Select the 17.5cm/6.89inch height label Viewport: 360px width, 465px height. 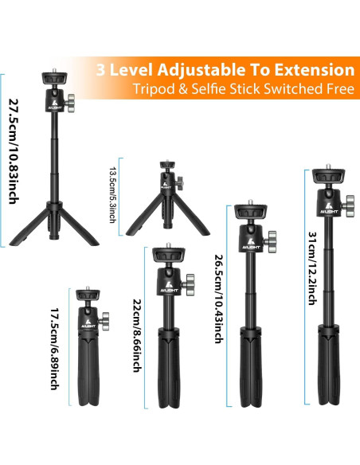click(x=54, y=350)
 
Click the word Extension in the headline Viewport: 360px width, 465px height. click(x=312, y=69)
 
